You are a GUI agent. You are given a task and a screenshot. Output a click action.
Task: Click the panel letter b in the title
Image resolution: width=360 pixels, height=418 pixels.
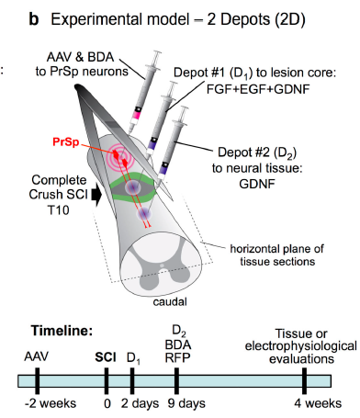(x=34, y=19)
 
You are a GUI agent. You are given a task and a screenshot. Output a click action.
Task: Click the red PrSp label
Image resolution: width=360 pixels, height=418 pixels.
(x=66, y=142)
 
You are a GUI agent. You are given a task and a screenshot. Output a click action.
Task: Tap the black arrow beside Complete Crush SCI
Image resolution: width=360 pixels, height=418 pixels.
(x=97, y=195)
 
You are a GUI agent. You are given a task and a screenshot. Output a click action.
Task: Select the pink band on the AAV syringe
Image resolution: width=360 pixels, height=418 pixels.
(x=136, y=115)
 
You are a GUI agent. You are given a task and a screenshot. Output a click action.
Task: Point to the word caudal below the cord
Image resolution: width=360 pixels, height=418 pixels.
(x=170, y=302)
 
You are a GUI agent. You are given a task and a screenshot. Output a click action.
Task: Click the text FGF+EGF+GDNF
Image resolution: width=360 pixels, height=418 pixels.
(x=258, y=89)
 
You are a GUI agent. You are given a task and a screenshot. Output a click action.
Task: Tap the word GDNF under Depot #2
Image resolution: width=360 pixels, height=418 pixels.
(x=257, y=184)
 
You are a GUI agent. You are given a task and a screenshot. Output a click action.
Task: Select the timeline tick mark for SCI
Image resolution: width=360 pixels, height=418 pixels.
(x=107, y=380)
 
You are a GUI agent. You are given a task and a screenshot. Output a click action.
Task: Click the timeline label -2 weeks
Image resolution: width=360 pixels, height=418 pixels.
(x=51, y=403)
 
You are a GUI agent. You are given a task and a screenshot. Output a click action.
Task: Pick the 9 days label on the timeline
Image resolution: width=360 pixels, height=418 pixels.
(x=186, y=403)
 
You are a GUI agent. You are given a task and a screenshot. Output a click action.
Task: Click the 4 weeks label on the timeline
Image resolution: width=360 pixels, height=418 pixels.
(x=318, y=403)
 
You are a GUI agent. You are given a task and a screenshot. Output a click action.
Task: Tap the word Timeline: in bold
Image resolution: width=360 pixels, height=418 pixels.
(x=62, y=331)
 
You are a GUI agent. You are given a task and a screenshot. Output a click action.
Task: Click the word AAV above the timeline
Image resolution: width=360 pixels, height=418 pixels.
(x=37, y=356)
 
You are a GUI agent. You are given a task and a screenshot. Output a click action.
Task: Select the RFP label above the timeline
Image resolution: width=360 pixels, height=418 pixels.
(x=177, y=357)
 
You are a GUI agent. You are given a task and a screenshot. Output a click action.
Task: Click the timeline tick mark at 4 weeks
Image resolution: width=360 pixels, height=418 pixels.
(x=304, y=380)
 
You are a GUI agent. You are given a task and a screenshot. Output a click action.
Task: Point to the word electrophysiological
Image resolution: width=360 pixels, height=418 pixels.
(x=301, y=346)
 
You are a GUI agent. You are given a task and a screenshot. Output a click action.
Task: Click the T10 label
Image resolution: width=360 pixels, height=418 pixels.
(x=58, y=210)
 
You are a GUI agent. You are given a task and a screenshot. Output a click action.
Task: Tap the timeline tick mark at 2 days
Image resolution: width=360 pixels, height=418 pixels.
(x=132, y=380)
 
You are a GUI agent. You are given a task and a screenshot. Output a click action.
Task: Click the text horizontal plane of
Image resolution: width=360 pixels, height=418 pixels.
(x=276, y=249)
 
